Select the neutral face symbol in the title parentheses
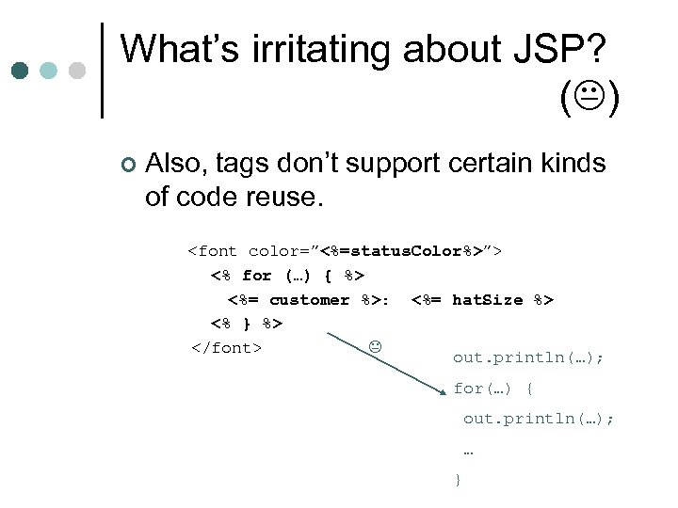click(589, 98)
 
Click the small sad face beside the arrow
click(374, 347)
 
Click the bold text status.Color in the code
click(401, 251)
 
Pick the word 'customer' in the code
click(309, 300)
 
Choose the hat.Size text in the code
click(488, 300)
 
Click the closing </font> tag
click(225, 348)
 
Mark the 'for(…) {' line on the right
click(493, 389)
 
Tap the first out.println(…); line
click(528, 357)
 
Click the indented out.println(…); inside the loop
click(538, 419)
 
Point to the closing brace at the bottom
click(458, 480)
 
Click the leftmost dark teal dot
click(20, 71)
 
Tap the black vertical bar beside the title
click(102, 71)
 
